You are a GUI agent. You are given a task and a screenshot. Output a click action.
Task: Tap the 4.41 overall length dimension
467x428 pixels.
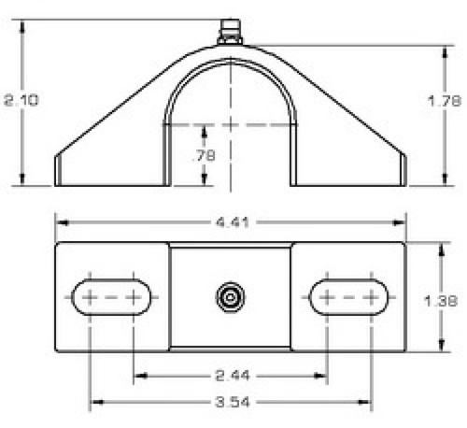(231, 222)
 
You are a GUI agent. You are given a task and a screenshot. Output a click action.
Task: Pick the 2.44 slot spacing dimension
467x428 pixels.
(231, 376)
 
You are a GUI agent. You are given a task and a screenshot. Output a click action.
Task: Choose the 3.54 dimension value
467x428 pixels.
(231, 404)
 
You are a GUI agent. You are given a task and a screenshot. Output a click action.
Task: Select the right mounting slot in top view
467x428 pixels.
(348, 297)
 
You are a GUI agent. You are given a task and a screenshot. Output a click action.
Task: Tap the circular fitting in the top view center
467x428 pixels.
(230, 297)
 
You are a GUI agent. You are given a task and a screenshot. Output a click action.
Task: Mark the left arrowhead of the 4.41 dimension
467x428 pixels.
(62, 222)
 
